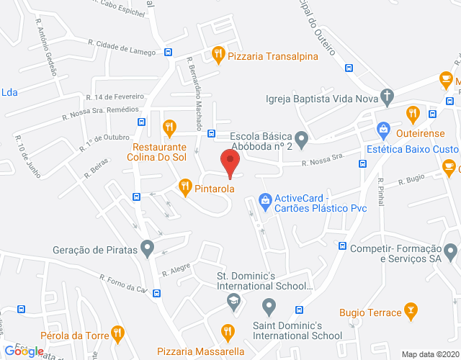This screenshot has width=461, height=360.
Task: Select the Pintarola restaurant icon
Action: tap(184, 186)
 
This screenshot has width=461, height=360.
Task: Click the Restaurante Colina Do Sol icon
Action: tap(169, 127)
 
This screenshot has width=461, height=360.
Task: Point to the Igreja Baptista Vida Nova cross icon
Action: tap(388, 96)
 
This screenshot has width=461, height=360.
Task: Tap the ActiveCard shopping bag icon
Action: tap(264, 198)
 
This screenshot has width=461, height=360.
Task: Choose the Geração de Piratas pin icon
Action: tap(148, 249)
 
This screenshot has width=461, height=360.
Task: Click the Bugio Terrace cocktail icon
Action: tap(411, 311)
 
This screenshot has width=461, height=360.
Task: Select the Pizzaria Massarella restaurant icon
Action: tap(228, 332)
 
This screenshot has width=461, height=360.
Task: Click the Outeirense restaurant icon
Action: tap(412, 113)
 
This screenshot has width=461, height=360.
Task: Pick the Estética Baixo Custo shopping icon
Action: tap(384, 130)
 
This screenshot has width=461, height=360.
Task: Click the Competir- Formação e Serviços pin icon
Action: tap(451, 252)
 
